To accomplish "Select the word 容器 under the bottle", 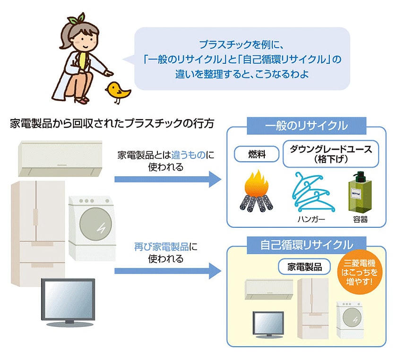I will tap(360, 220).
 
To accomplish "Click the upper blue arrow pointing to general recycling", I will tap(168, 179).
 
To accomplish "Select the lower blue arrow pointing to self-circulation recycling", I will tap(168, 271).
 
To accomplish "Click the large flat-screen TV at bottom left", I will tap(68, 301).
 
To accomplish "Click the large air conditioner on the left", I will tap(60, 157).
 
